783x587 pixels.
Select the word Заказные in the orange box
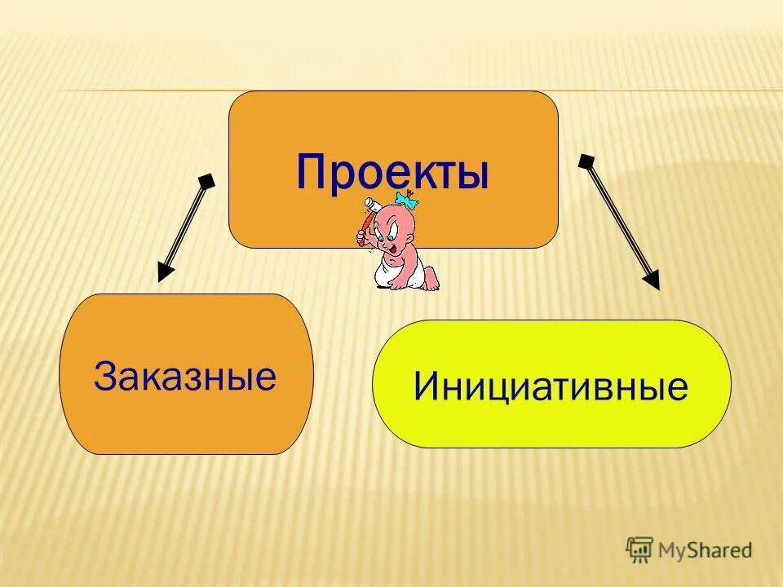(185, 376)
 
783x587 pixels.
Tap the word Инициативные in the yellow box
(551, 386)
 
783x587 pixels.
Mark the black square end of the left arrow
(207, 180)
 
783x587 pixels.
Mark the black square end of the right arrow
(585, 161)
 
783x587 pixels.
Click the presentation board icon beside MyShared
(639, 549)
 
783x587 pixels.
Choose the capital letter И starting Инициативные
(426, 386)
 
